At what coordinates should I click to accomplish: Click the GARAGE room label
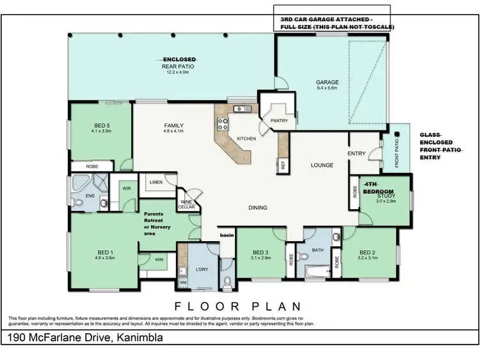click(326, 82)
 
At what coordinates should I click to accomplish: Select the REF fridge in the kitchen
click(282, 164)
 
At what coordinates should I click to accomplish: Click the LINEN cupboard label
click(156, 183)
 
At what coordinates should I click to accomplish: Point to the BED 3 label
click(259, 251)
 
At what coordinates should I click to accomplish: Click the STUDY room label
click(386, 195)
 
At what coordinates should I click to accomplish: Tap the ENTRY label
click(356, 153)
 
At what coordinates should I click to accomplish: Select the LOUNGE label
click(322, 165)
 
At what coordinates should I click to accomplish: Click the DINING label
click(258, 207)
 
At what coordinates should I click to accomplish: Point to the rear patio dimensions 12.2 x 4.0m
click(179, 72)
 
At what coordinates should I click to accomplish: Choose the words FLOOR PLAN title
click(238, 306)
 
